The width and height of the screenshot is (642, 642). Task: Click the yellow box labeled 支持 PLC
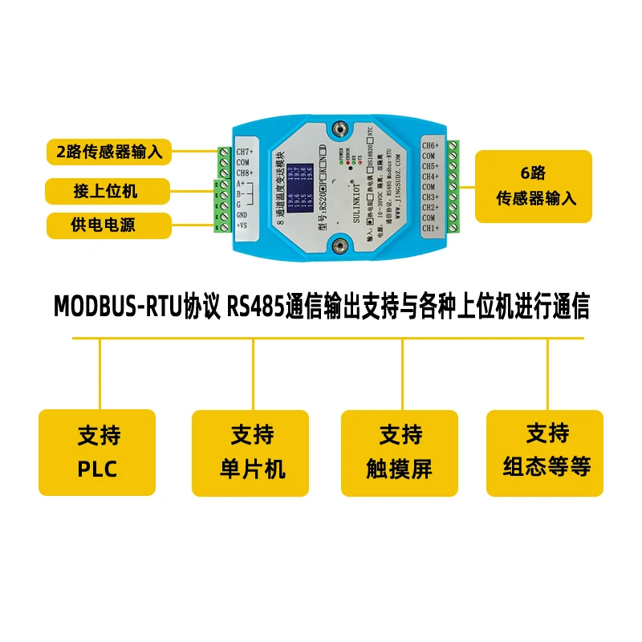pyautogui.click(x=97, y=452)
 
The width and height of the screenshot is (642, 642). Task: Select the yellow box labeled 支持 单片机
pyautogui.click(x=250, y=453)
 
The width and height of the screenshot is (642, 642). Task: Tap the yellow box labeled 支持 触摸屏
pyautogui.click(x=400, y=452)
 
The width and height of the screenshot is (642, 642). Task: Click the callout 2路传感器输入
pyautogui.click(x=109, y=150)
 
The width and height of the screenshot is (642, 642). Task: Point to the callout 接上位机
pyautogui.click(x=109, y=191)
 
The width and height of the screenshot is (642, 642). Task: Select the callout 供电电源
pyautogui.click(x=109, y=226)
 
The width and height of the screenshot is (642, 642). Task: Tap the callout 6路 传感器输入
pyautogui.click(x=536, y=186)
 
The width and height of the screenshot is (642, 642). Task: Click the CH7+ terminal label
pyautogui.click(x=244, y=152)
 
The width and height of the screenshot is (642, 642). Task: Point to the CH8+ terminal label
pyautogui.click(x=244, y=173)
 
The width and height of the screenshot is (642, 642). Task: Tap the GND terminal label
pyautogui.click(x=242, y=214)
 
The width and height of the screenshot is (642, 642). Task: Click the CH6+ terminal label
pyautogui.click(x=430, y=145)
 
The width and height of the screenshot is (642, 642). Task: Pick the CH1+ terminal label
pyautogui.click(x=430, y=228)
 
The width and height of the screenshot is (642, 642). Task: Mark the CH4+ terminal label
pyautogui.click(x=430, y=177)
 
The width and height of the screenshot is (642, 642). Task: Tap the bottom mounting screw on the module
pyautogui.click(x=342, y=246)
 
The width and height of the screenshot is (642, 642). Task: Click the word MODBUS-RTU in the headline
pyautogui.click(x=117, y=307)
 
